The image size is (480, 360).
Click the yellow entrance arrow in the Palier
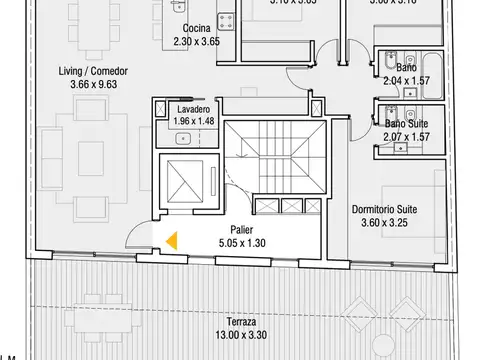click(x=172, y=240)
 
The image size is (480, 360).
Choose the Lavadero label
click(x=181, y=109)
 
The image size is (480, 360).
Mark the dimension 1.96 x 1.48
click(x=181, y=121)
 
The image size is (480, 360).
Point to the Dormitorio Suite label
click(x=386, y=210)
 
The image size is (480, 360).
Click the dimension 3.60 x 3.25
click(x=386, y=223)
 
